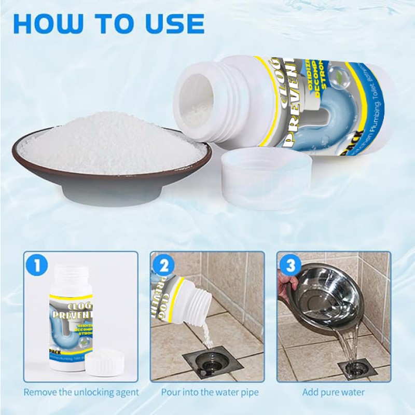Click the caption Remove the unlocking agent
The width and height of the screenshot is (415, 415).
(x=81, y=392)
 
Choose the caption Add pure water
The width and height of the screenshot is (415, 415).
(x=334, y=392)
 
